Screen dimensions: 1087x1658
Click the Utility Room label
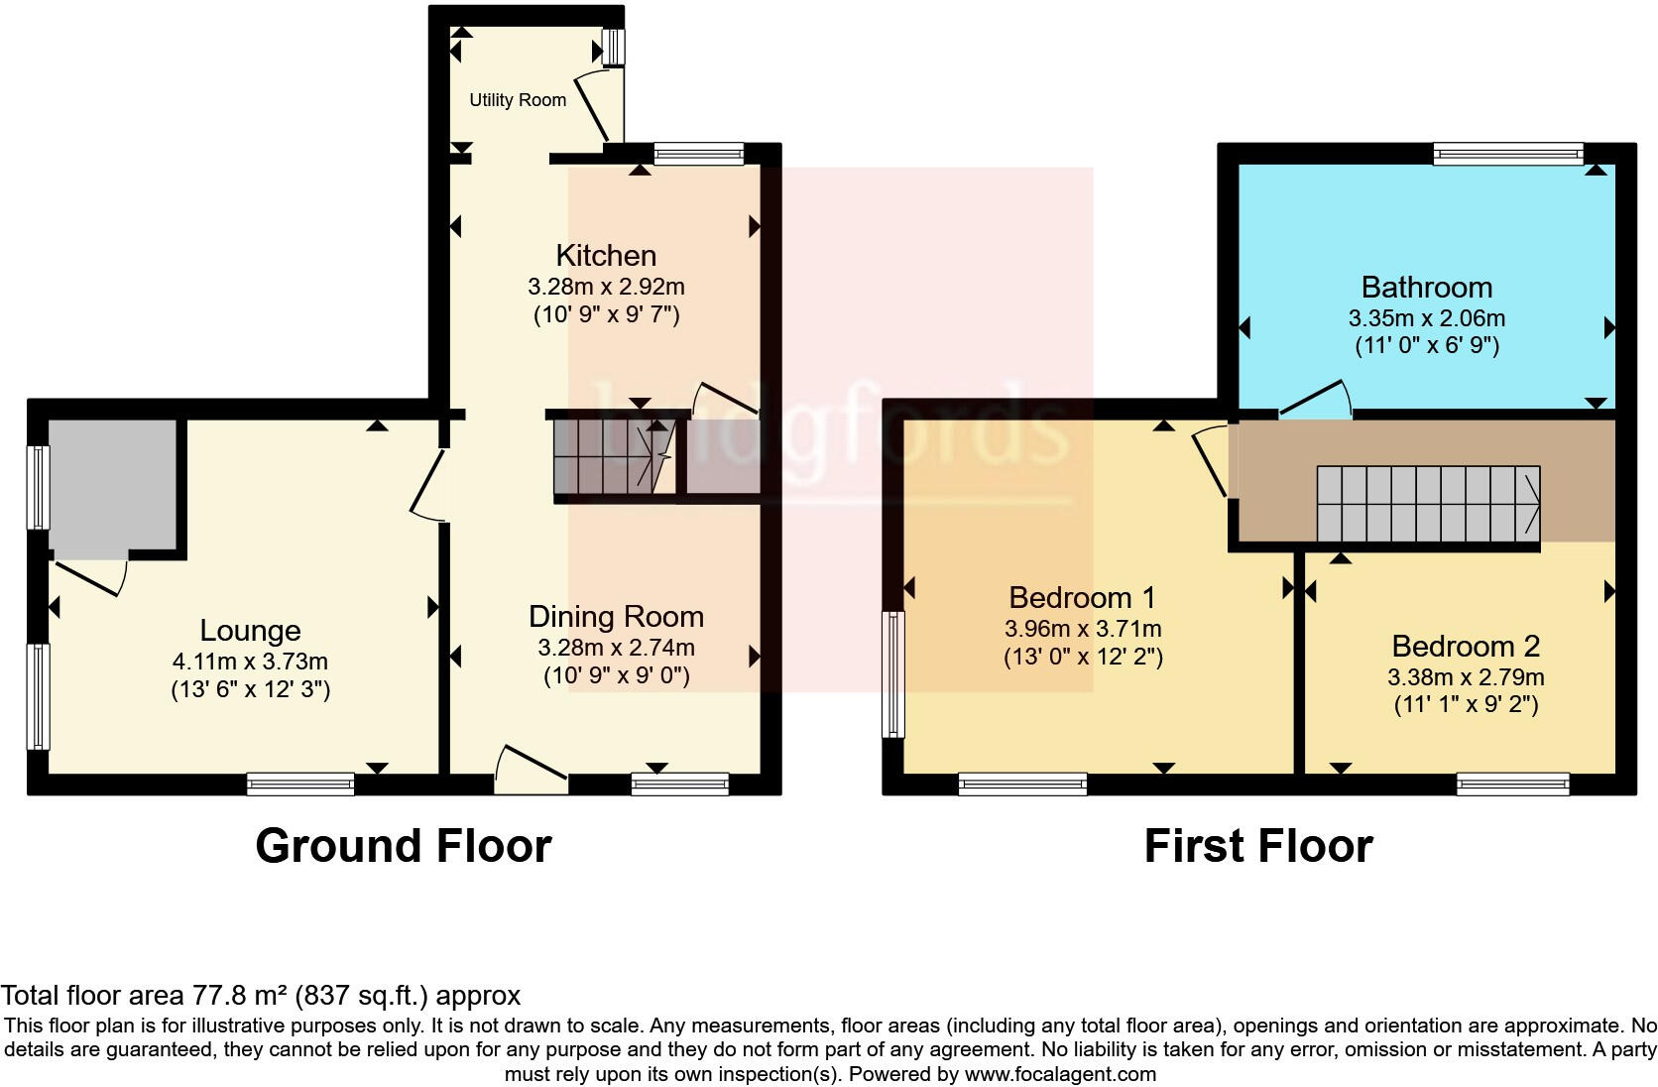tap(518, 100)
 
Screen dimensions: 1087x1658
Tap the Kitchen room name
tap(606, 255)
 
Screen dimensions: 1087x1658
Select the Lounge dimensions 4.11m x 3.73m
tap(250, 662)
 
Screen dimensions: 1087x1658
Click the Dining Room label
tap(616, 616)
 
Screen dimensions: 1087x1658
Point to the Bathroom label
tap(1426, 288)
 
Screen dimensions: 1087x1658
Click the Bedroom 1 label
tap(1082, 597)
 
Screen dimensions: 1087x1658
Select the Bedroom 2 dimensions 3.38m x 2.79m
tap(1465, 678)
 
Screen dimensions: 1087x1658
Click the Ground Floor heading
tap(403, 846)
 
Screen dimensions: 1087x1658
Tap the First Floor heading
tap(1257, 846)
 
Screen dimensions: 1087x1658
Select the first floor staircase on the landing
tap(1427, 504)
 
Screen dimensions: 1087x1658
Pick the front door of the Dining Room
tap(532, 772)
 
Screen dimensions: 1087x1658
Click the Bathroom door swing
tap(1317, 401)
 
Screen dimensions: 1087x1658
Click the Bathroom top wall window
tap(1507, 154)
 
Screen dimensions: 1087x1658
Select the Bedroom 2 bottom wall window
tap(1512, 785)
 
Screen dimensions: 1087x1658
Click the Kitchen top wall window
tap(698, 154)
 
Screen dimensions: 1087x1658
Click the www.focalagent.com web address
tap(1060, 1074)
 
